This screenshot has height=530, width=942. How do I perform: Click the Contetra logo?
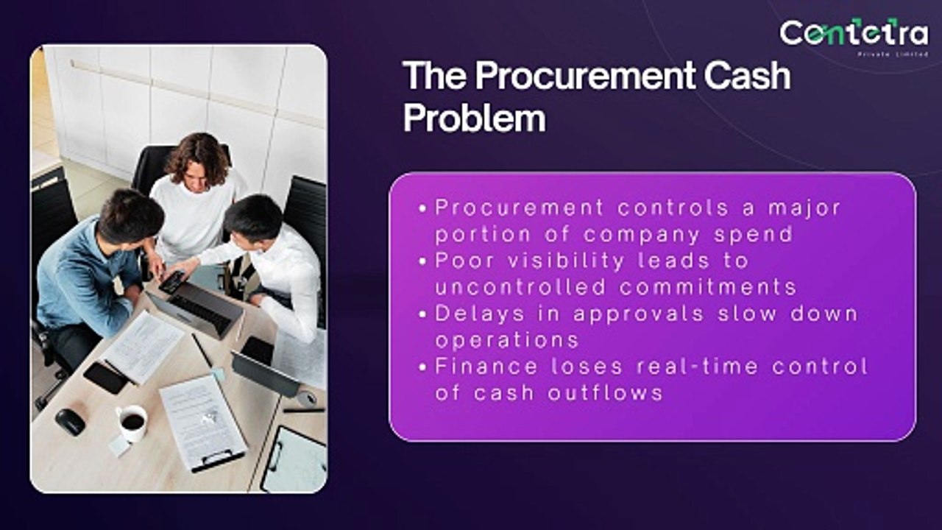[x=854, y=35]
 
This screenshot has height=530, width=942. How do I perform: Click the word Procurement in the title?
[x=584, y=76]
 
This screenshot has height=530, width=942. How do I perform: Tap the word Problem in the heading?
[x=474, y=118]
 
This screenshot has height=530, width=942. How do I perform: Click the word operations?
[x=506, y=340]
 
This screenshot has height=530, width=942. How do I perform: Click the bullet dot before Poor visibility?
[x=422, y=261]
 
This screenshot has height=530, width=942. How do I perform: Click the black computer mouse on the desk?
[x=71, y=421]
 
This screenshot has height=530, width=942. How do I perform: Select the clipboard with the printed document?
[x=203, y=422]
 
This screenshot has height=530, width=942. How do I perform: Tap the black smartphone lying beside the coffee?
[x=105, y=377]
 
